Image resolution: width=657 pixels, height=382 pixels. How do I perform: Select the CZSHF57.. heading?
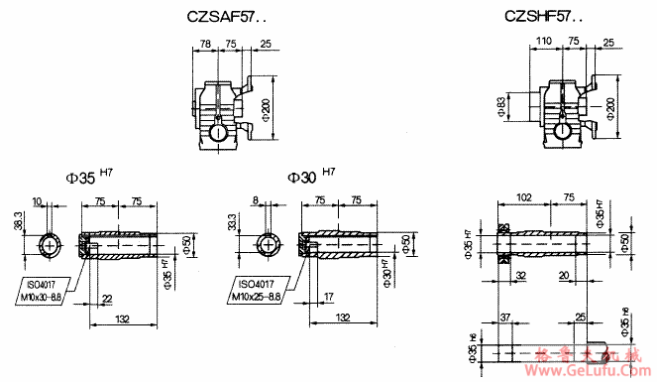543,17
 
